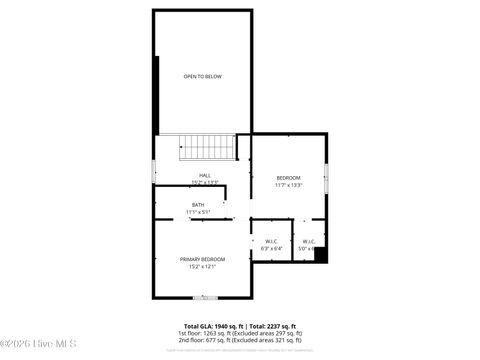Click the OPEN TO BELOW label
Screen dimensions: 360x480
[x=202, y=77]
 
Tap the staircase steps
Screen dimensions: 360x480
[x=208, y=148]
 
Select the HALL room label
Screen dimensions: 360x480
[x=204, y=176]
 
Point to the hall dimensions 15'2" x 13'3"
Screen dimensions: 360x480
[x=204, y=183]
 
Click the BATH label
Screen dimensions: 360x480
[x=198, y=205]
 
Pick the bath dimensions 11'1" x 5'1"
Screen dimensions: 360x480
[x=198, y=212]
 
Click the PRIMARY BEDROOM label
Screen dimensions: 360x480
[x=202, y=259]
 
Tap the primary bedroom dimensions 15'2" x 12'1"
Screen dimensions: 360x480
[x=202, y=266]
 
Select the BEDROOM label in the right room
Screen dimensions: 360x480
[x=289, y=178]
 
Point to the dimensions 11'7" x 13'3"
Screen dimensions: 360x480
[x=289, y=185]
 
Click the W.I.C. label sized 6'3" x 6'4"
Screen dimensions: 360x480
[x=271, y=241]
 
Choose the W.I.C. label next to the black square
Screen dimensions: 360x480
[x=307, y=241]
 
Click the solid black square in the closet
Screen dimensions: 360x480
[x=320, y=254]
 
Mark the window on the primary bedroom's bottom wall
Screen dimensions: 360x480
[x=204, y=297]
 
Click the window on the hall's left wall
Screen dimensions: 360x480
[x=153, y=171]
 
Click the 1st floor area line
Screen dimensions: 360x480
[x=240, y=333]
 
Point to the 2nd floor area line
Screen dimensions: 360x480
[x=240, y=340]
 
